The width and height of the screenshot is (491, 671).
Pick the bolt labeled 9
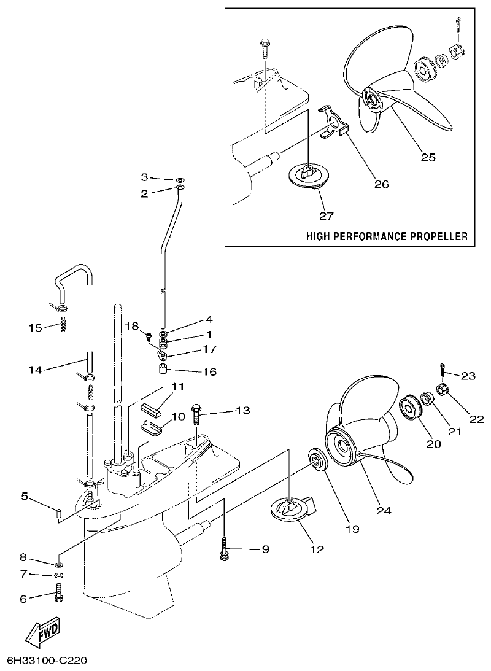225,548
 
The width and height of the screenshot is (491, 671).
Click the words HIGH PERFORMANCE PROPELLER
387,236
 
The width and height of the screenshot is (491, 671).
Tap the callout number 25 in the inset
428,157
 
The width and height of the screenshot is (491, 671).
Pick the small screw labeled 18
149,335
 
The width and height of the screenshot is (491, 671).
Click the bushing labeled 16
163,371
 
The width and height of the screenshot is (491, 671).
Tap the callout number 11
178,387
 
